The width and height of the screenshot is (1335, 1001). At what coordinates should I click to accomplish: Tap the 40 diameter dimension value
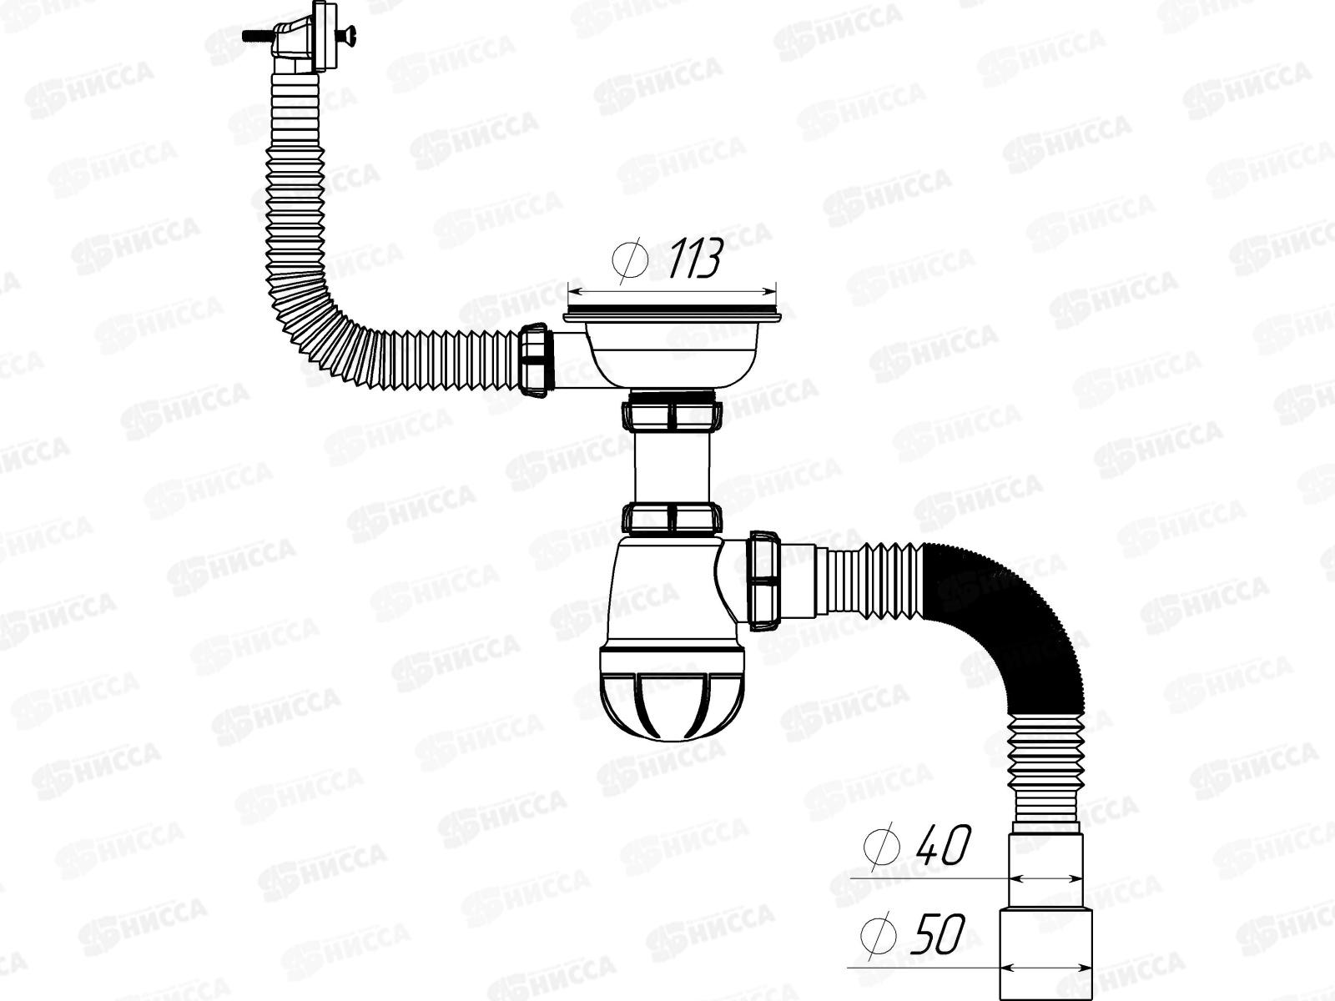point(944,847)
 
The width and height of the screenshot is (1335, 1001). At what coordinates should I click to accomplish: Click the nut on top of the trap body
point(673,518)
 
